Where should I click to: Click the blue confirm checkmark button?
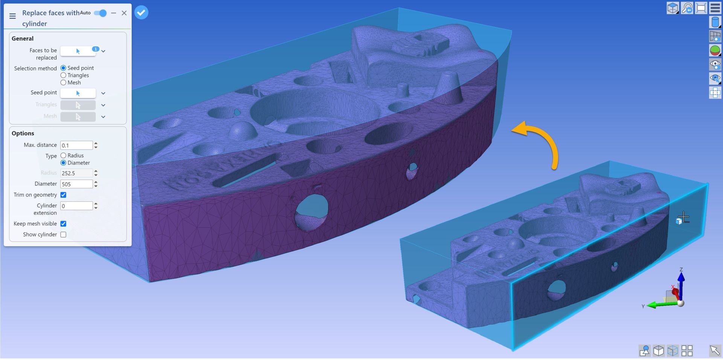(141, 12)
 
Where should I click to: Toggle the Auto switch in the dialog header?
(100, 13)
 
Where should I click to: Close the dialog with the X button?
(124, 13)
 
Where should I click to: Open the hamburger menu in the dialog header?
(12, 16)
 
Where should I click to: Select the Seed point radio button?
(63, 68)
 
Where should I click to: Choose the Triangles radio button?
(63, 75)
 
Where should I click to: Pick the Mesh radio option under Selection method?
(63, 82)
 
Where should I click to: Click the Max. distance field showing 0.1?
(76, 145)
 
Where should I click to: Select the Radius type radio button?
(63, 156)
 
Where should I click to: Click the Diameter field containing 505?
(76, 184)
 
